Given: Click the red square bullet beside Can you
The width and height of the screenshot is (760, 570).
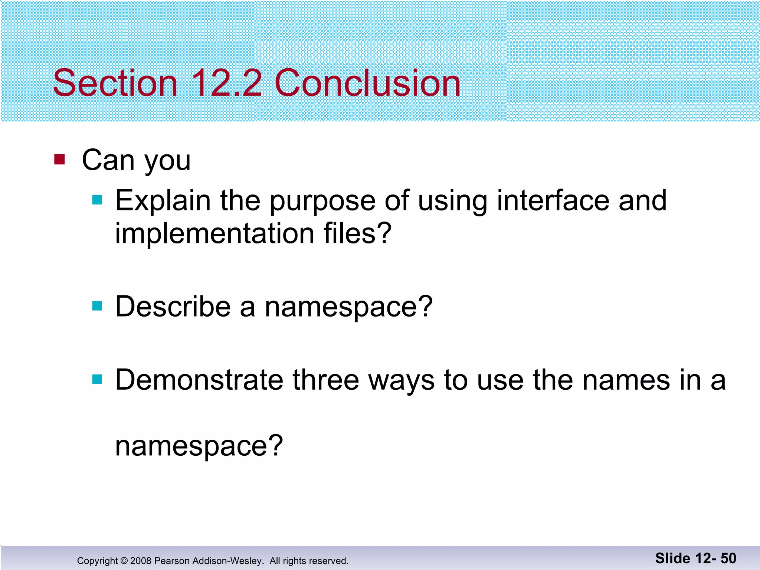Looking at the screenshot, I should click(x=59, y=159).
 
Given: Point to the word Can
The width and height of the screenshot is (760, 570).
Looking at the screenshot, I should click(x=108, y=160).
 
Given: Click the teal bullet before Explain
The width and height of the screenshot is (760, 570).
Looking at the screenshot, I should click(x=97, y=200).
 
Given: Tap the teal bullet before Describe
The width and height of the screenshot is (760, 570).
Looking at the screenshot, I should click(x=97, y=306).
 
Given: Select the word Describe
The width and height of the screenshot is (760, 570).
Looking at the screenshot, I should click(x=173, y=307).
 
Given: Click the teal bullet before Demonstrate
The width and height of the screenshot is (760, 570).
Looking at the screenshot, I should click(x=97, y=379).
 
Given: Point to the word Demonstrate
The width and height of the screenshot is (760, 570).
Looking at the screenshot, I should click(x=199, y=380).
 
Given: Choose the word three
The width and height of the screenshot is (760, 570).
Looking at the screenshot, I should click(x=326, y=380).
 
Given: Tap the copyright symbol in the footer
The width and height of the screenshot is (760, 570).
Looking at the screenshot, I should click(x=124, y=561).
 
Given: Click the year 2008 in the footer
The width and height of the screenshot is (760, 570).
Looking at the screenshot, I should click(x=141, y=561).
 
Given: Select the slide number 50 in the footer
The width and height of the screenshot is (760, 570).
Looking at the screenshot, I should click(x=728, y=558).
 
